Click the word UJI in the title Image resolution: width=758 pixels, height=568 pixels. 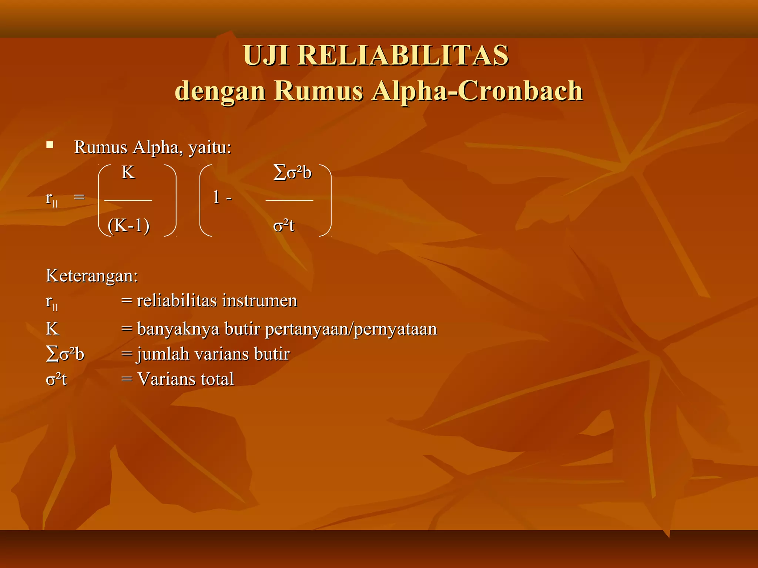(266, 55)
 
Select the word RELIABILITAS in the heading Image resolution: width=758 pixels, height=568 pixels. (403, 55)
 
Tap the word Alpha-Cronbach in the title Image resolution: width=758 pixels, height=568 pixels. (477, 91)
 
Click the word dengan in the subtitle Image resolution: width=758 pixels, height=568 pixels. (220, 91)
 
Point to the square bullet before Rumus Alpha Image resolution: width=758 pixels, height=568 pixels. (50, 145)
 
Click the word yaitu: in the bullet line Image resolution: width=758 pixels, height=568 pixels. (210, 148)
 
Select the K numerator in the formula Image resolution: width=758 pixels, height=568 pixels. (128, 173)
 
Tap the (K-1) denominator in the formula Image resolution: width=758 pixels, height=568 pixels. (128, 225)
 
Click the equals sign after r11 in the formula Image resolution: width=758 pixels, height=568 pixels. (79, 197)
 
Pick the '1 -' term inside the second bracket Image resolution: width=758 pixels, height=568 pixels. (222, 197)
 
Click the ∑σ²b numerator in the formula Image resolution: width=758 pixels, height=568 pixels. (292, 173)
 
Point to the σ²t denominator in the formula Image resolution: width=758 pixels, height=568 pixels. (284, 225)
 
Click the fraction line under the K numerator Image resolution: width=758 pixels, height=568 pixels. (128, 200)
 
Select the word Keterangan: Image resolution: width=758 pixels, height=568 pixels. (92, 276)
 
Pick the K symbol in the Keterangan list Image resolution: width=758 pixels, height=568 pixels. (52, 329)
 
